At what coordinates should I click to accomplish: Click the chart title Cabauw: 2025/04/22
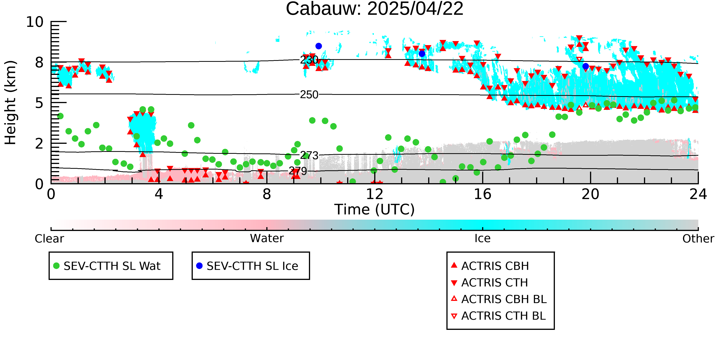(375, 9)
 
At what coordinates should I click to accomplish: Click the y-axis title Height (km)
(11, 103)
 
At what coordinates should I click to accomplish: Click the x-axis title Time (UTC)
(375, 210)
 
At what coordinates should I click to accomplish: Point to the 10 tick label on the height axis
(35, 22)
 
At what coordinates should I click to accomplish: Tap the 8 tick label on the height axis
(39, 62)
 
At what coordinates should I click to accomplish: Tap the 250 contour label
(309, 95)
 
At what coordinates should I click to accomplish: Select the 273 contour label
(309, 155)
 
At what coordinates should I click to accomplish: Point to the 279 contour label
(298, 171)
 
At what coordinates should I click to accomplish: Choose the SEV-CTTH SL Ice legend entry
(247, 266)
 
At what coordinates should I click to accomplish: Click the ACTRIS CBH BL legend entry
(499, 299)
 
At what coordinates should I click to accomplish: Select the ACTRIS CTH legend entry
(489, 283)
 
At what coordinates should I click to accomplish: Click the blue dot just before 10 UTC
(319, 46)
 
